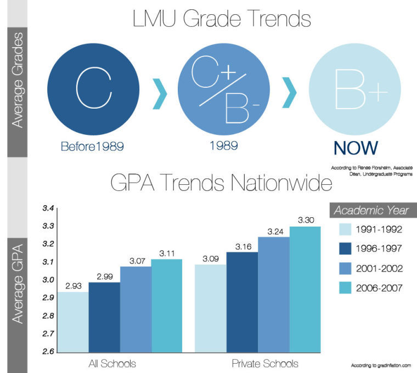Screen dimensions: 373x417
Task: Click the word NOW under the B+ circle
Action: click(355, 148)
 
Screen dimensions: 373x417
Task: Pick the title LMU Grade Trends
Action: click(222, 20)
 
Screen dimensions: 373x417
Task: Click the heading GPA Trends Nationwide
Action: click(222, 183)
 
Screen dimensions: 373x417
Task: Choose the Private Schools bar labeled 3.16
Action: click(242, 301)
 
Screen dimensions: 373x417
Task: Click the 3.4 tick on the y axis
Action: click(48, 208)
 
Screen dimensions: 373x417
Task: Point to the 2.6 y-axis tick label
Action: click(48, 351)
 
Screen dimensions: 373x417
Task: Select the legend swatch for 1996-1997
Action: click(345, 248)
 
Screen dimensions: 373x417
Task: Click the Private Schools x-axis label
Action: click(265, 363)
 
